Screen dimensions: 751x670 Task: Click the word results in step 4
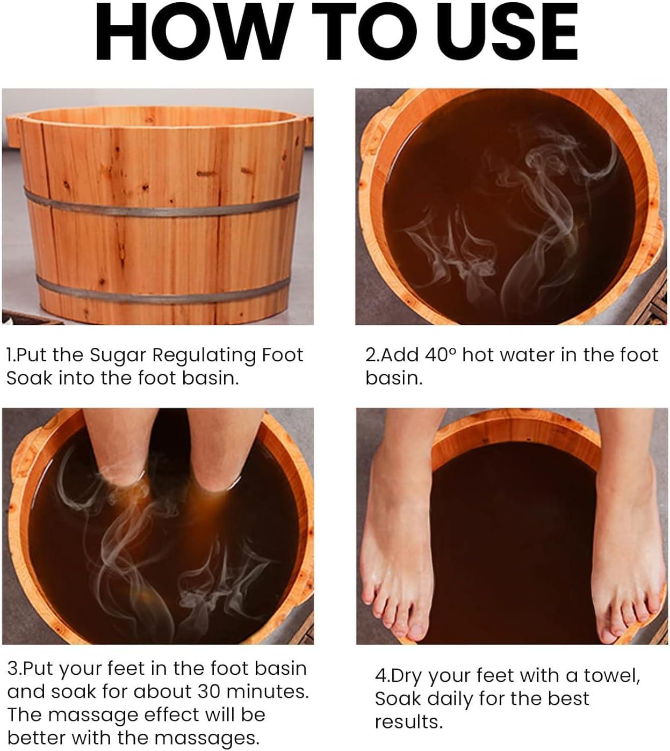(x=409, y=722)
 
